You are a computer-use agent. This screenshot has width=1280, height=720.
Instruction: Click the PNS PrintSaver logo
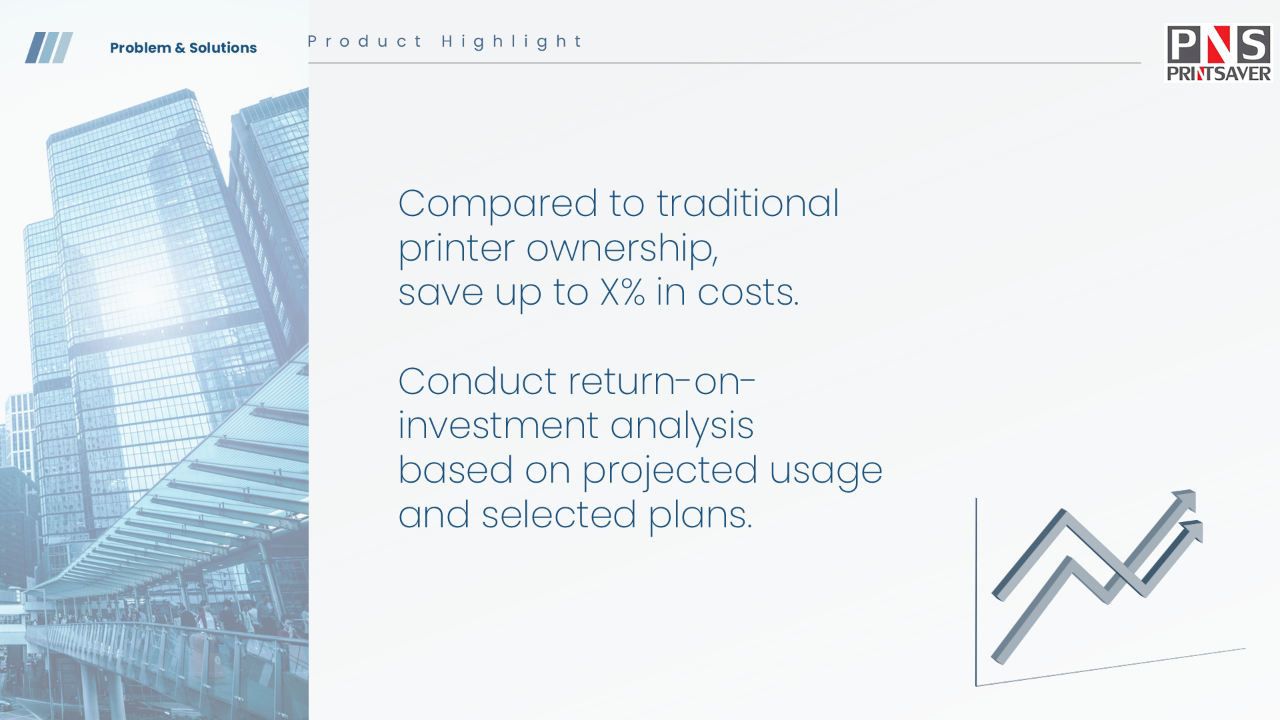pyautogui.click(x=1219, y=53)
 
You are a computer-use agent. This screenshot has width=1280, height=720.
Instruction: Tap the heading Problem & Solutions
pyautogui.click(x=183, y=48)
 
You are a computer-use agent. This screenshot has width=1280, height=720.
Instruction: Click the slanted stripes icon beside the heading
pyautogui.click(x=49, y=47)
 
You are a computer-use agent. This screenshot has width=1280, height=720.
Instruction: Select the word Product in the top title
pyautogui.click(x=365, y=41)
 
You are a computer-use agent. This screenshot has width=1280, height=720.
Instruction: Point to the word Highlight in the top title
pyautogui.click(x=512, y=42)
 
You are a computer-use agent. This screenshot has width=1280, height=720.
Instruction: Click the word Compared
pyautogui.click(x=498, y=205)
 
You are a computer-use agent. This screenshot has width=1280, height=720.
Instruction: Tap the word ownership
pyautogui.click(x=622, y=249)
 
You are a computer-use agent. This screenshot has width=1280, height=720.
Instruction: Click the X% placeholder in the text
pyautogui.click(x=623, y=292)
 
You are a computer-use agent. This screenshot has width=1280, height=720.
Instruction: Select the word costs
pyautogui.click(x=748, y=293)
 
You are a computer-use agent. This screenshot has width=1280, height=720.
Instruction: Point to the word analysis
pyautogui.click(x=682, y=427)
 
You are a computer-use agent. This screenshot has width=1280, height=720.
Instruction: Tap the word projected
pyautogui.click(x=670, y=471)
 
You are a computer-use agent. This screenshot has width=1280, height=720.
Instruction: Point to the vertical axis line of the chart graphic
pyautogui.click(x=976, y=592)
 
